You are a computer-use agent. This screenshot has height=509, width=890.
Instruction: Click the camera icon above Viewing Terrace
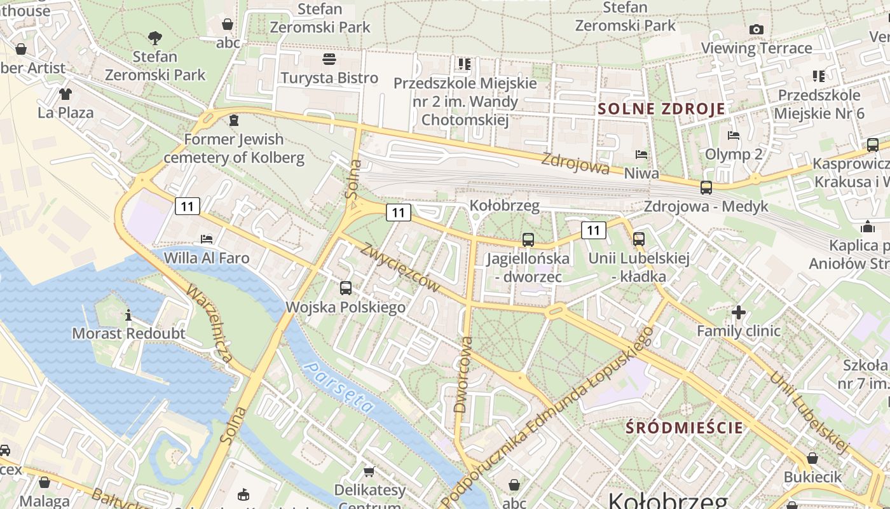coord(756,29)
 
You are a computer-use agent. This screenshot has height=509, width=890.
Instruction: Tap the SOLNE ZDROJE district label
coord(661,109)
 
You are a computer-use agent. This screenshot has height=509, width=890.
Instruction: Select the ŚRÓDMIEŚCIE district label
coord(684,427)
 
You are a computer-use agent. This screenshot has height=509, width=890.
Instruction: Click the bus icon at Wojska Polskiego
coord(346,288)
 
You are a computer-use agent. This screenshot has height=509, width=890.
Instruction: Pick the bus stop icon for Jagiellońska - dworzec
coord(528,240)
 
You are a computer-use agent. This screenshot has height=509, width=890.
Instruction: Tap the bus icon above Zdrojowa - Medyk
coord(706,188)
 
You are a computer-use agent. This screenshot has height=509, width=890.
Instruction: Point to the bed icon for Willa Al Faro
coord(207,239)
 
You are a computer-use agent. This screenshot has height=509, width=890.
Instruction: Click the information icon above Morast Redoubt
coord(128,314)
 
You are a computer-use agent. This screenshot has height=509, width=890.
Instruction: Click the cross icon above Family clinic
coord(738,312)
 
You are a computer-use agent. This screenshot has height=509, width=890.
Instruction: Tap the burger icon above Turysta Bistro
coord(329,59)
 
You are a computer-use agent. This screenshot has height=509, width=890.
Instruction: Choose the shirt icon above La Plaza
coord(65,94)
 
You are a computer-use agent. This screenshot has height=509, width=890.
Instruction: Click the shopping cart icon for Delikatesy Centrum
coord(369,471)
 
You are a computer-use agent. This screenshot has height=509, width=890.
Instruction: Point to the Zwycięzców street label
coord(400,267)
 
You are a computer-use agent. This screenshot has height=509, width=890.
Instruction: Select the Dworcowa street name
coord(463,375)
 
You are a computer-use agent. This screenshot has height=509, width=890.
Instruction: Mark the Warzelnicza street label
coord(209,324)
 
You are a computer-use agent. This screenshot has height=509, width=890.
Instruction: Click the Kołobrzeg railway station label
coord(504,206)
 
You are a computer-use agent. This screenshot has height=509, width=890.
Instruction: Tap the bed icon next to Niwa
coord(641,155)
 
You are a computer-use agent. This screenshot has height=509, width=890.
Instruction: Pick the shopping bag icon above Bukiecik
coord(812,458)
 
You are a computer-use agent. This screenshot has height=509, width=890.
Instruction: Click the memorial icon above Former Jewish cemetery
coord(234,120)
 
